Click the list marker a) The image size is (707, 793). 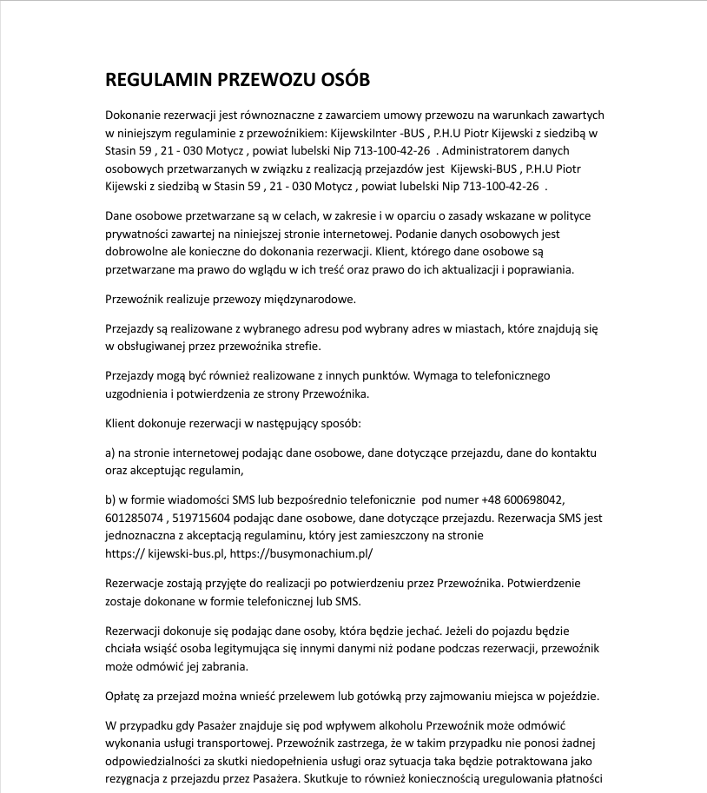(x=110, y=453)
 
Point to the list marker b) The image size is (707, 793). (x=110, y=499)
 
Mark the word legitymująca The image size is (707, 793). (x=260, y=649)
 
